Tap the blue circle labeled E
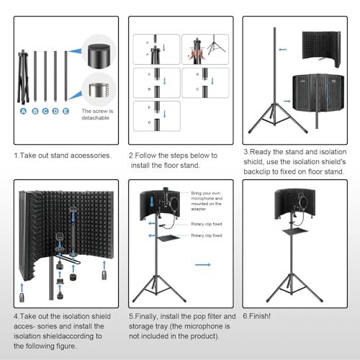(x=66, y=112)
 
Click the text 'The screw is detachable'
(x=96, y=114)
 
